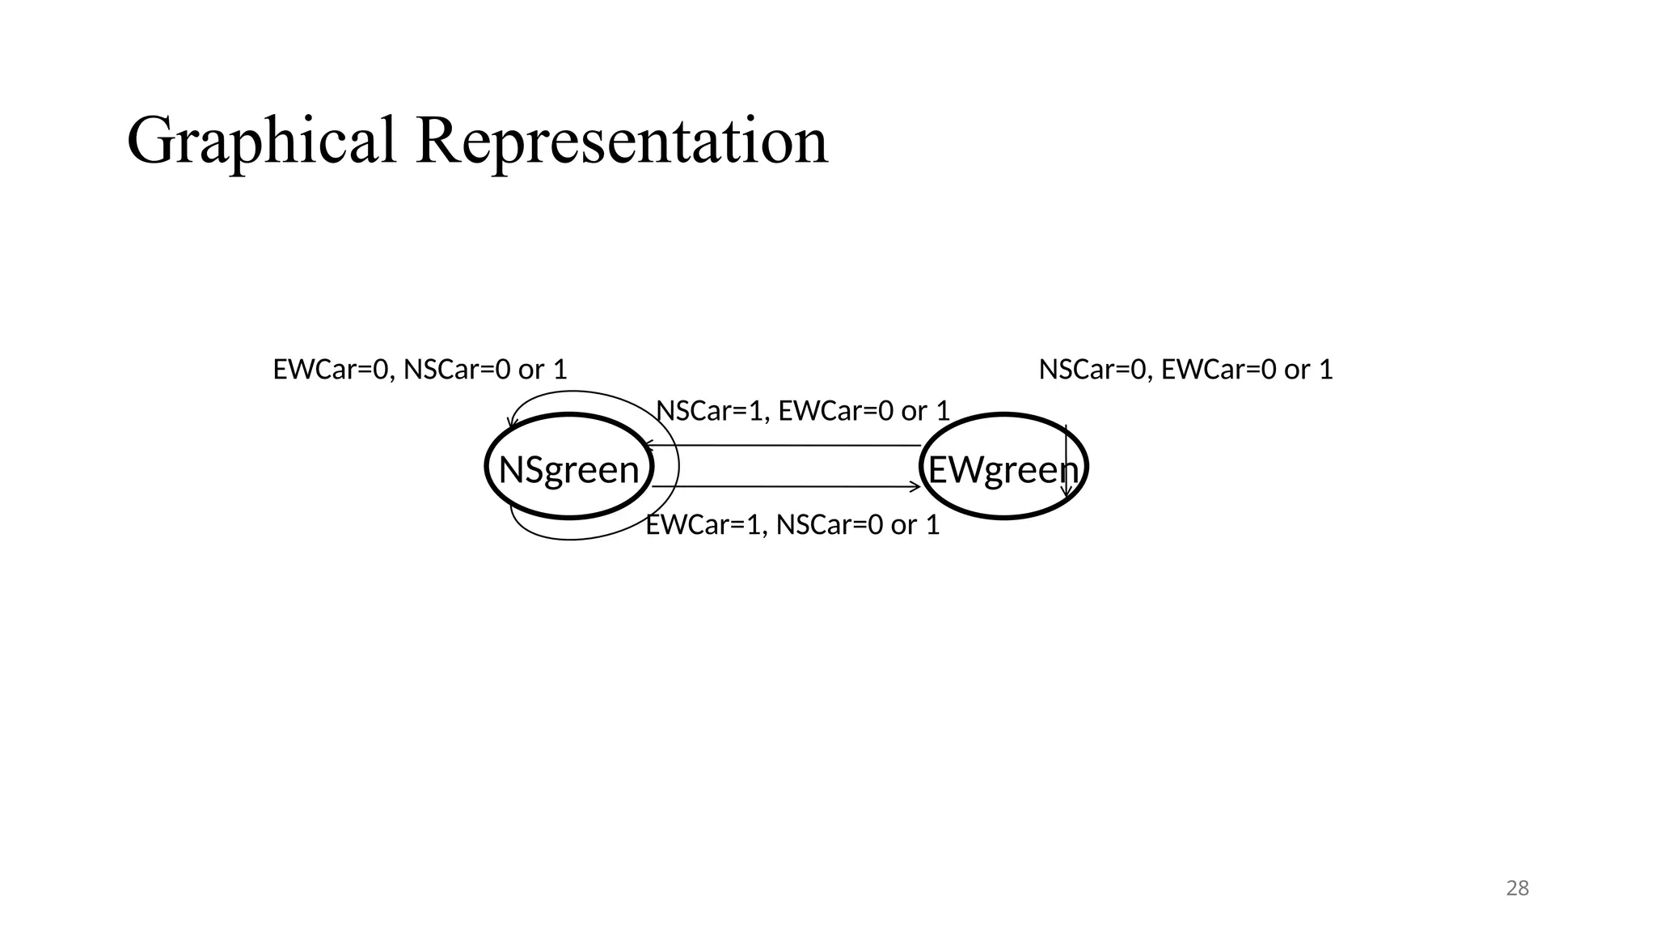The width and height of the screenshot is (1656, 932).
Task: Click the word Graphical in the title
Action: [x=261, y=142]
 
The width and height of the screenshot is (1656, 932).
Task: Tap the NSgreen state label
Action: [x=568, y=470]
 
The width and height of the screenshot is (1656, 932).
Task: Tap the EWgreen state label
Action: [x=1003, y=470]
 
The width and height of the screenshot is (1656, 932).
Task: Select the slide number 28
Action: [x=1517, y=888]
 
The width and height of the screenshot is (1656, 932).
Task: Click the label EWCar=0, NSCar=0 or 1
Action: [x=420, y=370]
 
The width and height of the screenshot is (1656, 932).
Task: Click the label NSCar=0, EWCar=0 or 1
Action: [x=1185, y=370]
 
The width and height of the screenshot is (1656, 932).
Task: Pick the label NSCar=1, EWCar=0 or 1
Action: [x=802, y=411]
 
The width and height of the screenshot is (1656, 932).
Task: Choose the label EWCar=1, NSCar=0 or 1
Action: [x=792, y=525]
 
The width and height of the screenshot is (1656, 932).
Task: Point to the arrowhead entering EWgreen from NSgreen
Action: [x=916, y=487]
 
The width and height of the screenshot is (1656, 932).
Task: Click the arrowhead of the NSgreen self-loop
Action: [x=511, y=424]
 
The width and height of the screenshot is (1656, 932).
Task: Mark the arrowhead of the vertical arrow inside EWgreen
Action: [x=1067, y=492]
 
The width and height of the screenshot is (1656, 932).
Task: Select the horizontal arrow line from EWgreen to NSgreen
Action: [x=784, y=445]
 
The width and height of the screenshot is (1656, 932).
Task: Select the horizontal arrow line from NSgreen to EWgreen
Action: [x=784, y=487]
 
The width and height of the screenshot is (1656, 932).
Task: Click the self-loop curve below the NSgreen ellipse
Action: [x=566, y=538]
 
